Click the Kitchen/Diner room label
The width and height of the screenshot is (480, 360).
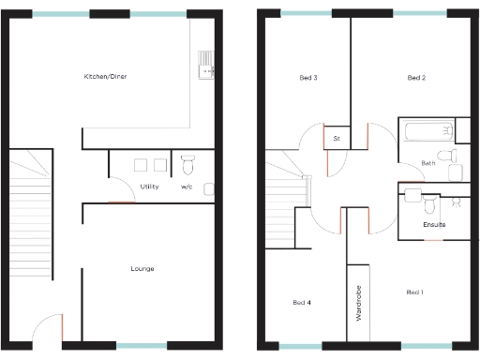(x=105, y=77)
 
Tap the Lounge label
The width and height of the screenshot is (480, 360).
(x=142, y=269)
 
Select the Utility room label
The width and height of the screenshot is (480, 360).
(x=149, y=187)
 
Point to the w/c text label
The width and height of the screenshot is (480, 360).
(x=187, y=187)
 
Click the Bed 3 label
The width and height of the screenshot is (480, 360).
(x=308, y=78)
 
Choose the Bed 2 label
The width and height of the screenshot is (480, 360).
(x=416, y=78)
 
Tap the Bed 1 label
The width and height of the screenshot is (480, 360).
(x=414, y=292)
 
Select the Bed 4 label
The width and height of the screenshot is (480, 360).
(x=301, y=302)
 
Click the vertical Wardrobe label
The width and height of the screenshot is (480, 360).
(x=359, y=306)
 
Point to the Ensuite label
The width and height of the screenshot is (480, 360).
(x=434, y=225)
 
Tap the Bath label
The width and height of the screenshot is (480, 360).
(x=428, y=163)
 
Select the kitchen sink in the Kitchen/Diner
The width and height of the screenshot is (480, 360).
(x=205, y=64)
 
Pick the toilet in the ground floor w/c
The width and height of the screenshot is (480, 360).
(x=187, y=165)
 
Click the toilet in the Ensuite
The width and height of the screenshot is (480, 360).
(x=429, y=202)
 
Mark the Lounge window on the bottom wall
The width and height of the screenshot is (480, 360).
(x=142, y=345)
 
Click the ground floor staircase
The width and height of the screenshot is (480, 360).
(x=31, y=216)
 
